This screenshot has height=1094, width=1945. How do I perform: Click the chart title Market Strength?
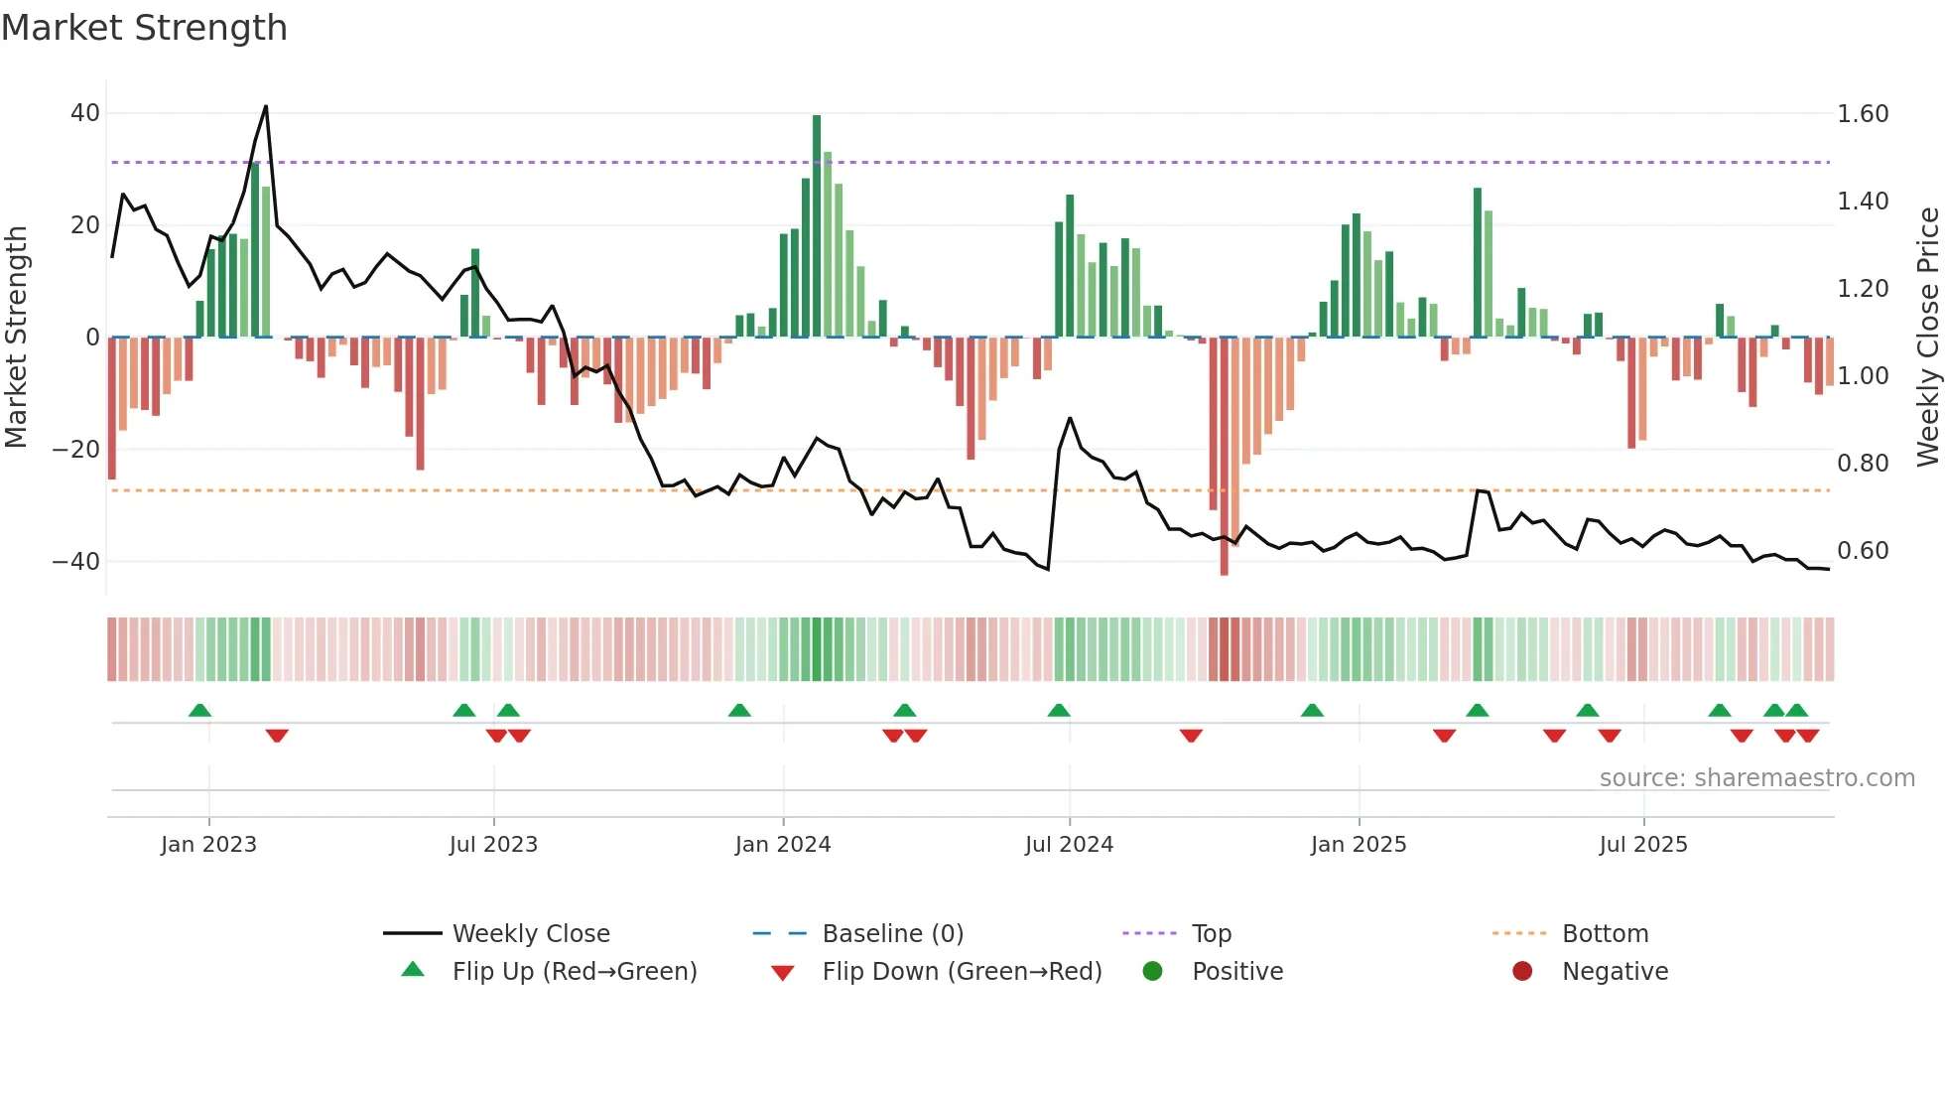[x=144, y=28]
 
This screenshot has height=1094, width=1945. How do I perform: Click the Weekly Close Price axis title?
[x=1927, y=337]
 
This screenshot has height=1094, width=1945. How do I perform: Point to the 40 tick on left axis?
[x=85, y=113]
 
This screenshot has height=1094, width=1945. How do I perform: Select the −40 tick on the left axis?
[x=76, y=562]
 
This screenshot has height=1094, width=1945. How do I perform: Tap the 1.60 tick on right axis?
[x=1862, y=114]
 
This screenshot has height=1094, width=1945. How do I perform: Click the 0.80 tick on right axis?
[x=1862, y=464]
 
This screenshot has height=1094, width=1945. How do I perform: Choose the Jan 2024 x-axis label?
[x=783, y=845]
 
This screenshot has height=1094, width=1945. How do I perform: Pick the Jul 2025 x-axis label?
[x=1643, y=845]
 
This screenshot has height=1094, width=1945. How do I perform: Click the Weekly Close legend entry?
[x=531, y=934]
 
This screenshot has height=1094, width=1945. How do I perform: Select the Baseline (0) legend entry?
[x=892, y=934]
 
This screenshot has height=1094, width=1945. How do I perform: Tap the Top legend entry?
[x=1211, y=934]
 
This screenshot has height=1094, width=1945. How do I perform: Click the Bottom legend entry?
[x=1605, y=934]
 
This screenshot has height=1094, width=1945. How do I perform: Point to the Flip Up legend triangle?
[x=413, y=970]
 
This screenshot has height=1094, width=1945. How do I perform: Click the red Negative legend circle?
[x=1522, y=971]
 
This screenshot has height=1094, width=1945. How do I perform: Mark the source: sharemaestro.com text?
[x=1756, y=778]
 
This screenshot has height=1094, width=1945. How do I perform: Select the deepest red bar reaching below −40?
[x=1224, y=457]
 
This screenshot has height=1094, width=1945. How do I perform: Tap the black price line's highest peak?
[x=266, y=106]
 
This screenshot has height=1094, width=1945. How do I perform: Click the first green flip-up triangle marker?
[x=199, y=710]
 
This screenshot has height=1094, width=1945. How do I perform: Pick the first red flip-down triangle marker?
[x=277, y=736]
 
